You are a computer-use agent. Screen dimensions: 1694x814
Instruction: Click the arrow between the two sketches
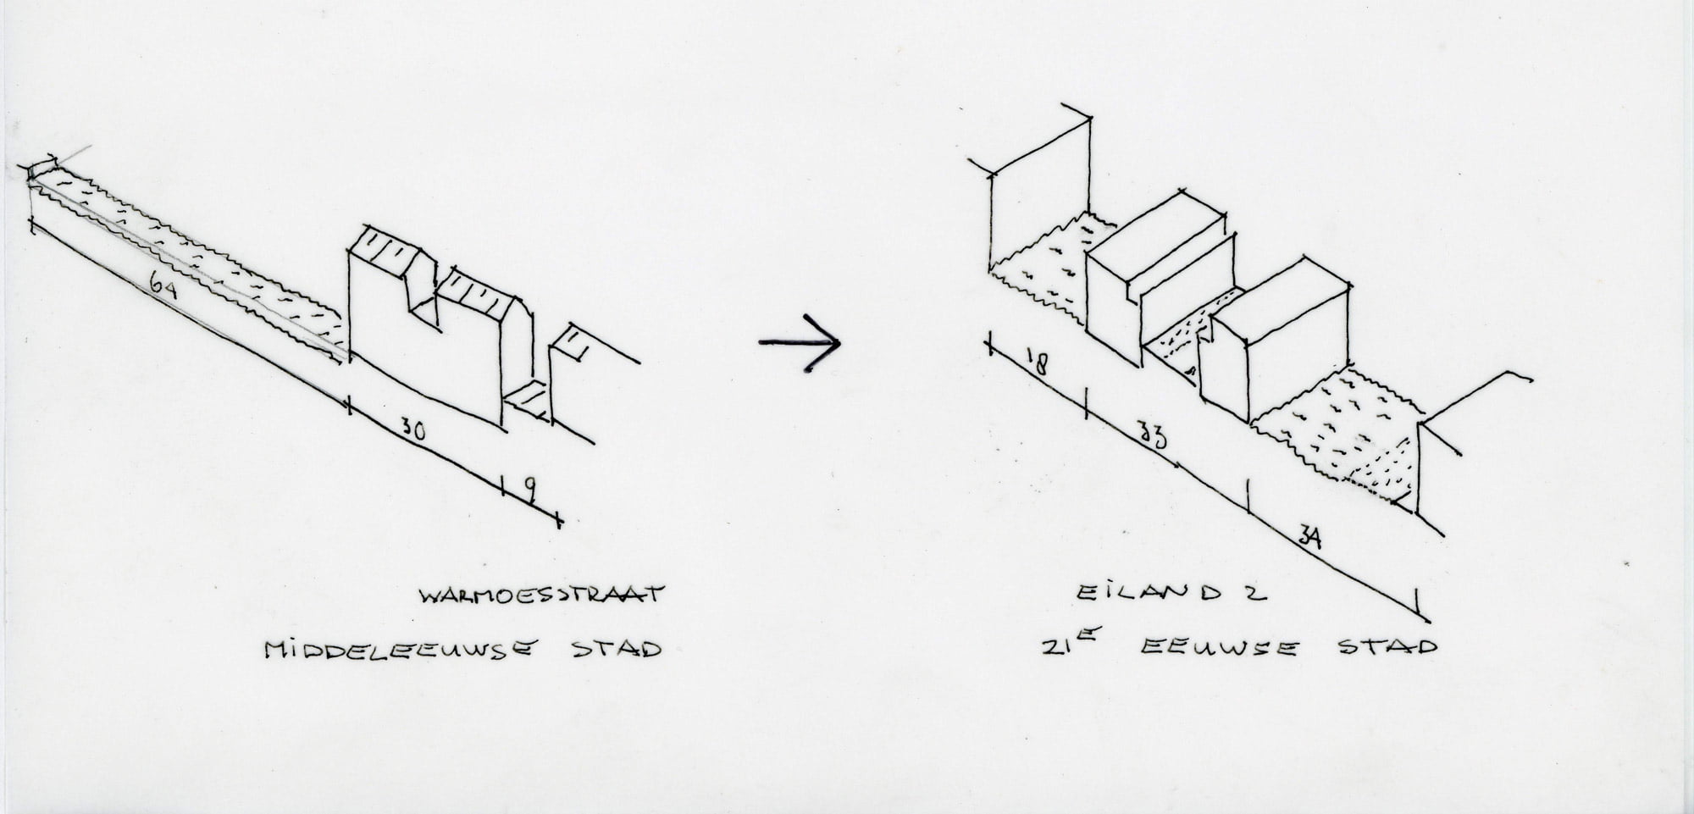tap(798, 342)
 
